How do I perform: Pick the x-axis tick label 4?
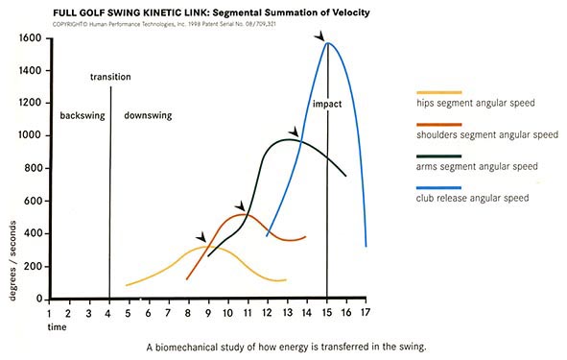109,312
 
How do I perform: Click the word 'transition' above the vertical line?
110,76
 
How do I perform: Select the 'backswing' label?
81,115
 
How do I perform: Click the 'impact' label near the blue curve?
327,103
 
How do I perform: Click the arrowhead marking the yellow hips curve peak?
201,237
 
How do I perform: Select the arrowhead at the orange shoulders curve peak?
240,205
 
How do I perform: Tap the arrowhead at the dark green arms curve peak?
294,132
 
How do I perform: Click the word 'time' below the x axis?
59,327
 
